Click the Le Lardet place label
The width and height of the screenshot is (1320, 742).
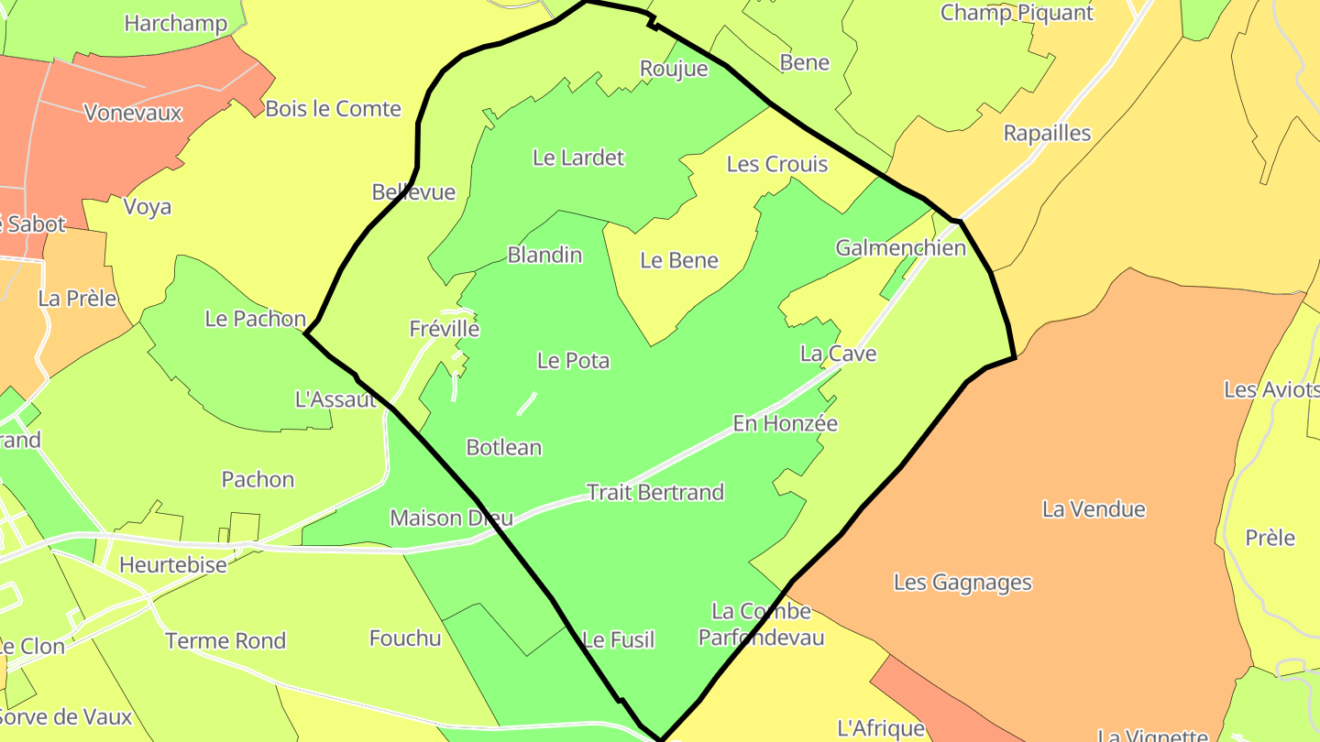(578, 158)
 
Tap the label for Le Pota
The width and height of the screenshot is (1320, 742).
(573, 361)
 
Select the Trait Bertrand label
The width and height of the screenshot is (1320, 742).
(654, 493)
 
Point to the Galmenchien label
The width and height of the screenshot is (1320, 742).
(900, 248)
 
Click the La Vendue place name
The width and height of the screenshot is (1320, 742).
(1094, 509)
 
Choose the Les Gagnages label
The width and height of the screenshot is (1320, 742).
(962, 583)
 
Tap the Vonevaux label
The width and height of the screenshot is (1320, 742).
(133, 114)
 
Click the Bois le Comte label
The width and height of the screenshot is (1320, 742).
(333, 109)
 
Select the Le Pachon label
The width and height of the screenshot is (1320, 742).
(255, 319)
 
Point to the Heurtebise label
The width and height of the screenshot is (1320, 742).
(173, 564)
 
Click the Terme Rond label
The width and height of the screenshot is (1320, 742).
(225, 641)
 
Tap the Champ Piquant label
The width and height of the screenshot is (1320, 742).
(1017, 13)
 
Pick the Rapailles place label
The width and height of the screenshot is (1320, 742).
(1047, 134)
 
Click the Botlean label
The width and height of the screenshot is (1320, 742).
(503, 448)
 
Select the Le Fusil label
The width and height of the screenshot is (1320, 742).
(619, 640)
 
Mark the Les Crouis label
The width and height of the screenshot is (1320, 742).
(776, 165)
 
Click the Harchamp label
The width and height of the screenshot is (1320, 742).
(175, 24)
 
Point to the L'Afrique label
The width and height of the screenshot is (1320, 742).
(881, 728)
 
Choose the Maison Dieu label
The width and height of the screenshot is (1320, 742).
(451, 518)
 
